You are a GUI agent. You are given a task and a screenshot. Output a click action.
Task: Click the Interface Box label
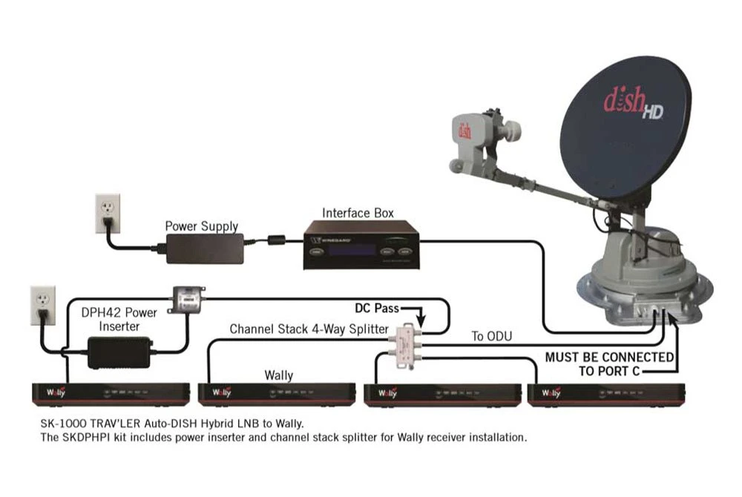coord(358,213)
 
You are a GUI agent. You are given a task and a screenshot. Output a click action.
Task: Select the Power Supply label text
coord(201,226)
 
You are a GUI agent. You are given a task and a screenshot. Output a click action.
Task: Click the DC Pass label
coord(375,307)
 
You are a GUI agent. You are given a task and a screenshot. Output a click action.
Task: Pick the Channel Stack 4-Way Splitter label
coord(308,329)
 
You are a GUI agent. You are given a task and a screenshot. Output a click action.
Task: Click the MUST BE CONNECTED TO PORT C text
coord(609,363)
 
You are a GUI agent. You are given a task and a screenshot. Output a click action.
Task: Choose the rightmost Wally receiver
coord(604,393)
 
